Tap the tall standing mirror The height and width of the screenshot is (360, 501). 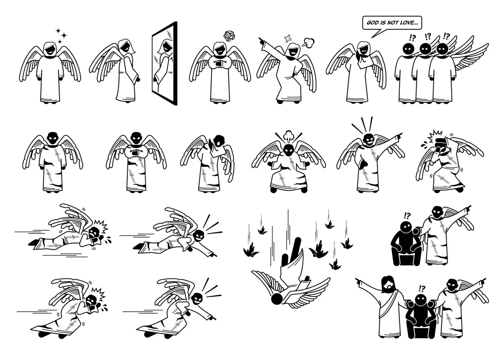click(x=165, y=63)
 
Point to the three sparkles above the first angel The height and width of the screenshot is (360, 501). click(x=61, y=36)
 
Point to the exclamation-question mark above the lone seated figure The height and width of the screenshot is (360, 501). click(x=407, y=215)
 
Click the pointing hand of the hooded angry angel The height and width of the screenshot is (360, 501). click(x=262, y=41)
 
